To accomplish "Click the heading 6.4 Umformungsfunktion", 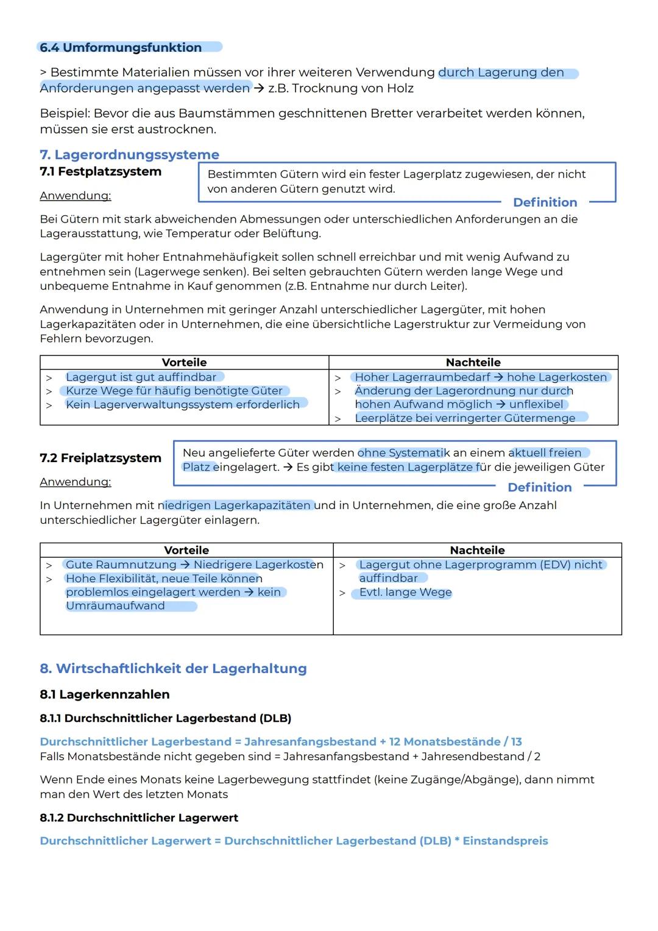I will pos(121,48).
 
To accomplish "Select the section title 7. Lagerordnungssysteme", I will pos(129,155).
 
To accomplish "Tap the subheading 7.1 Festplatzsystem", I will pos(101,172).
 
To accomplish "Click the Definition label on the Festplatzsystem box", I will pos(545,202).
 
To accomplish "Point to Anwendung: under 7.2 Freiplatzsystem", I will pos(75,482).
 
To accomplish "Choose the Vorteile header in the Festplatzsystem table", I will pos(184,363).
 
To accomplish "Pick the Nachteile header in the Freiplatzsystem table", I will pos(477,551).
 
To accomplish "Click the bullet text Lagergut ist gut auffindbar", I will pos(141,377).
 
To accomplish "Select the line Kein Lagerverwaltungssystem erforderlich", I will pos(182,405).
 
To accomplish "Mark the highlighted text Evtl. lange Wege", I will pos(405,593).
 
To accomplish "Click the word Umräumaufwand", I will pos(115,606).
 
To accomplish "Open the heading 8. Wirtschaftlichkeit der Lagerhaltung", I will pos(173,669).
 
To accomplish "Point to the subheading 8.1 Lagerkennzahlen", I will pos(104,695).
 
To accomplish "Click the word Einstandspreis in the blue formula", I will pos(505,841).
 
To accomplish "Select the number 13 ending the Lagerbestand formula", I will pos(516,742).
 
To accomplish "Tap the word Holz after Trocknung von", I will pos(400,88).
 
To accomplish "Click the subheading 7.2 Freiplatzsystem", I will pos(101,458).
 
